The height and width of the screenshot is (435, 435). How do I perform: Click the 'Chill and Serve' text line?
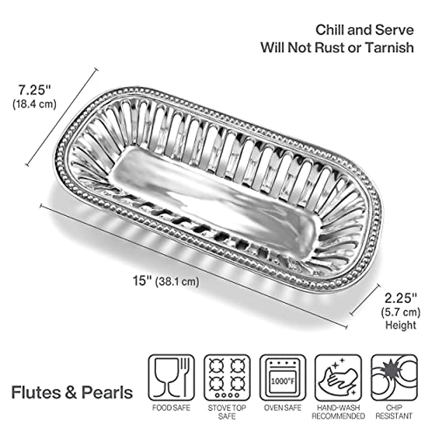pos(364,30)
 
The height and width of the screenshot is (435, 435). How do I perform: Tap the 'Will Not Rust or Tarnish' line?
pos(337,47)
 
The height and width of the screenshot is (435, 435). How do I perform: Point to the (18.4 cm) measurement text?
pos(35,104)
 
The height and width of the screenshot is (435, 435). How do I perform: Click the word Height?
pos(401,325)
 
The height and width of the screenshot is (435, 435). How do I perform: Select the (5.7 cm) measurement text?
pos(401,312)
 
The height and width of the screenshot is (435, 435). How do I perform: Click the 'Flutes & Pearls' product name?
pos(72,393)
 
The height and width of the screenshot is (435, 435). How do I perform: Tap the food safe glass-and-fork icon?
pos(171,377)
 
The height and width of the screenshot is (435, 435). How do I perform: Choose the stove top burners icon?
pos(227,377)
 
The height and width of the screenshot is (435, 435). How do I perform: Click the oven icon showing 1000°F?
pos(283,377)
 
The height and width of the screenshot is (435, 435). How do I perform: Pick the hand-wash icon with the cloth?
pos(338,377)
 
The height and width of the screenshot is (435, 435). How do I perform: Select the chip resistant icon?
pos(394,377)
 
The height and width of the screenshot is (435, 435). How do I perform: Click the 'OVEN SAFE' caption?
pos(283,408)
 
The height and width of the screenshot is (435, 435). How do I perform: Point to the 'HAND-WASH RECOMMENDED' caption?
pos(338,412)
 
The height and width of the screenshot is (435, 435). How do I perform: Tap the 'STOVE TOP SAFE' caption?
pos(227,412)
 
